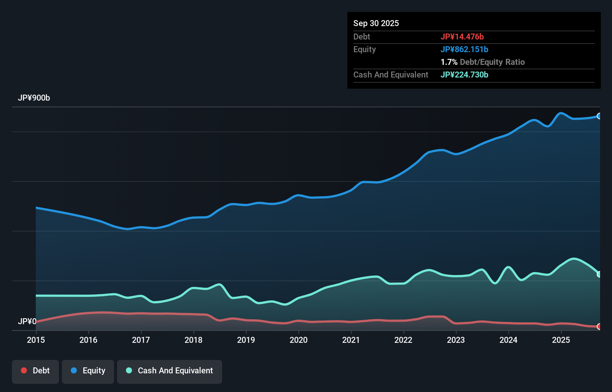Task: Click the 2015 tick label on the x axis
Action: click(36, 340)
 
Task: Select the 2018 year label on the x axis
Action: click(193, 340)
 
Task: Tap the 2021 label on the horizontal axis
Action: click(351, 340)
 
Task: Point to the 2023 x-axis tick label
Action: click(456, 340)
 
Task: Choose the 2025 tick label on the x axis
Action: click(561, 340)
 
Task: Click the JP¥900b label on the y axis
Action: click(34, 98)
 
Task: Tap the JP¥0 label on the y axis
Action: click(27, 321)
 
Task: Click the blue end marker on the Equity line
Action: click(599, 116)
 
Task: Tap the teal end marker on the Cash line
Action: click(599, 274)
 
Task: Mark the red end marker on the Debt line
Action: click(599, 326)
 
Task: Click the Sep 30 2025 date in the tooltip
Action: click(376, 23)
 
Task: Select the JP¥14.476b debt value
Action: click(462, 37)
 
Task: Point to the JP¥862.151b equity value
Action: click(464, 49)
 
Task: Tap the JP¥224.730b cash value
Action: click(464, 75)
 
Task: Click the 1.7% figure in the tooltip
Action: click(449, 62)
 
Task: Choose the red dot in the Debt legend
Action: click(24, 370)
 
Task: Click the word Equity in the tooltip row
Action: click(365, 49)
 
